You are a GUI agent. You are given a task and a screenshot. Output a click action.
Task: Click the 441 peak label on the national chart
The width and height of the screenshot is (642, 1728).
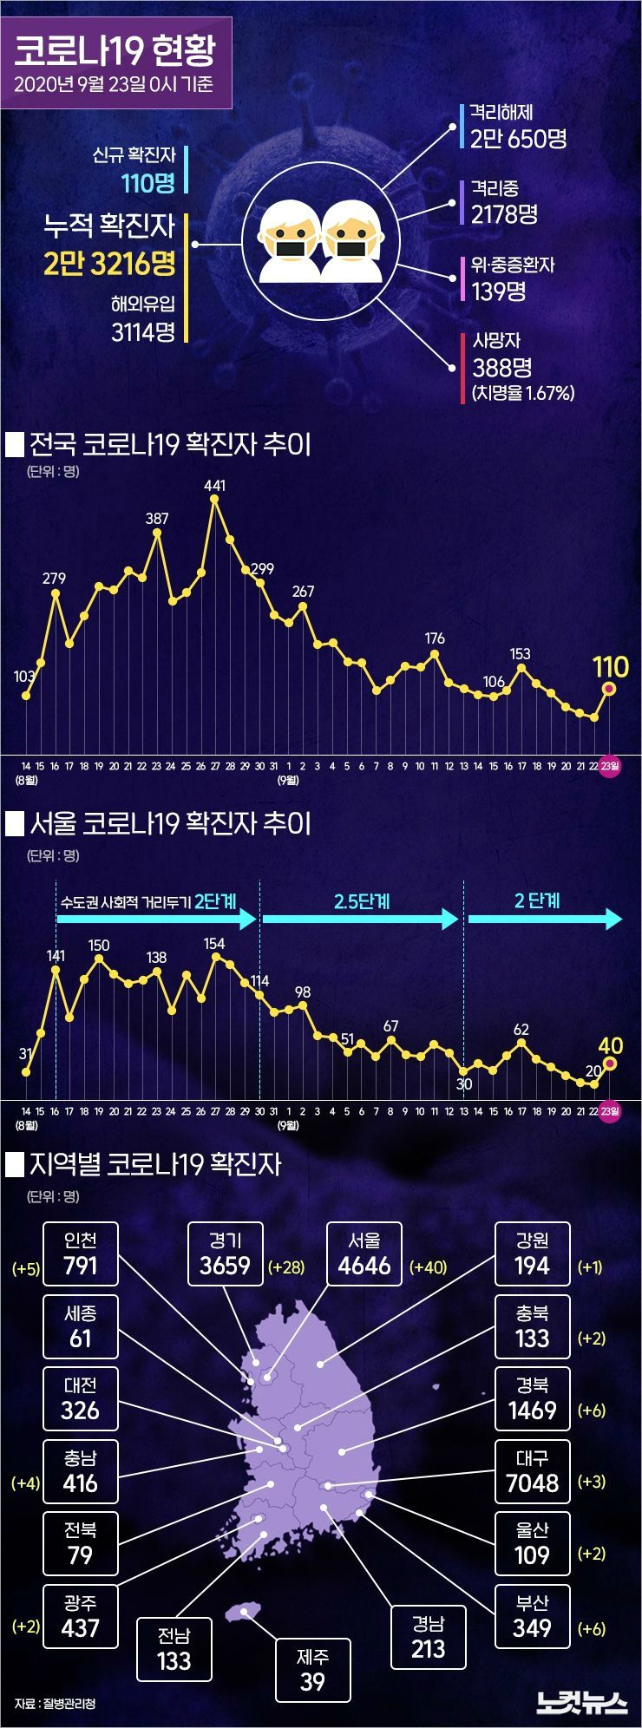[214, 486]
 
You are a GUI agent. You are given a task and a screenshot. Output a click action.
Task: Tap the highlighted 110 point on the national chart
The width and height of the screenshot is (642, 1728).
[609, 689]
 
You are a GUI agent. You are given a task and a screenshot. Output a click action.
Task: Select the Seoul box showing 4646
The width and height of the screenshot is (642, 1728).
[364, 1253]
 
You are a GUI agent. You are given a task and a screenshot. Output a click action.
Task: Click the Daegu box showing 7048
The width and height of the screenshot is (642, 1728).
[532, 1470]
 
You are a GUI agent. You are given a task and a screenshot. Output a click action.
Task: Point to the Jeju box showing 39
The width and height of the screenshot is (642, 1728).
[312, 1670]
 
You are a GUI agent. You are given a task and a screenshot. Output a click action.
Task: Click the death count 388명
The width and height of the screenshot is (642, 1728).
[501, 367]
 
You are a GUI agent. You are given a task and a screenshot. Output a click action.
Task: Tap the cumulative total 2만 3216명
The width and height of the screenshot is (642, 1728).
[110, 263]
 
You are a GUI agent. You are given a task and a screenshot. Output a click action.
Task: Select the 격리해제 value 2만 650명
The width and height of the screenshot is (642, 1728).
[518, 138]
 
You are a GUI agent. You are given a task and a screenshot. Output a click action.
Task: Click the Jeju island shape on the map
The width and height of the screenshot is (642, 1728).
[243, 1612]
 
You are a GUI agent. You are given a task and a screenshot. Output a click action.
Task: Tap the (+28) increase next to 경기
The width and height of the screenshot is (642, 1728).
[286, 1267]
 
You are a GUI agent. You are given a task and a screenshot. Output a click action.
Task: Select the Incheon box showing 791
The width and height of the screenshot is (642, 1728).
[80, 1253]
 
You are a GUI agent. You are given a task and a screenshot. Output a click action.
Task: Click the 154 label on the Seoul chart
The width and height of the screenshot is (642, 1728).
[213, 944]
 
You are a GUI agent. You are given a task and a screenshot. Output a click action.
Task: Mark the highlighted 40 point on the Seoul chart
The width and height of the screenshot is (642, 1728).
[609, 1064]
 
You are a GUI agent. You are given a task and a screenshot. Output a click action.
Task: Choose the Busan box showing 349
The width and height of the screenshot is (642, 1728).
[532, 1615]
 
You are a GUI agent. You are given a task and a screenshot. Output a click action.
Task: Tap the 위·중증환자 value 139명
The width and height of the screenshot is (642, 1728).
[499, 291]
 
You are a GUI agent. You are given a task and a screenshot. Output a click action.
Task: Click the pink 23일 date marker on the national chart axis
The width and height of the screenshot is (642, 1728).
[610, 765]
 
